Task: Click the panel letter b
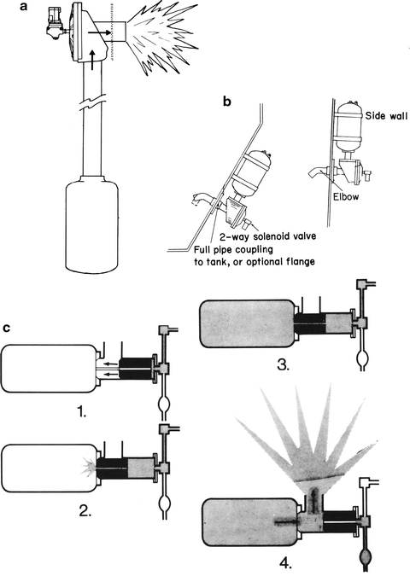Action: pyautogui.click(x=226, y=102)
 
